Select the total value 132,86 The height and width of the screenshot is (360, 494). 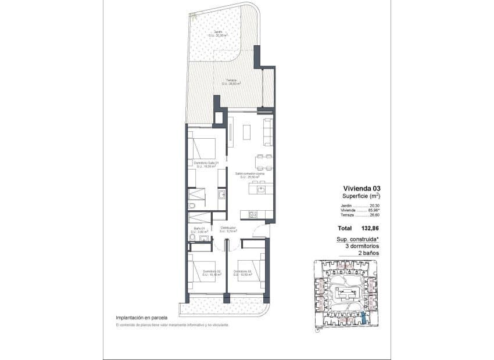378,228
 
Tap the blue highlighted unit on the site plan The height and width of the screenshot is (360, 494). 363,317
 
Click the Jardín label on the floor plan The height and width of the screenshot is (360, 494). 217,32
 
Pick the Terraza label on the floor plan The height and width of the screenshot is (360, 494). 231,81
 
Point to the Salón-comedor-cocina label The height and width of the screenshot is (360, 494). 250,173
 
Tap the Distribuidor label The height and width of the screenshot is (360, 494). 228,228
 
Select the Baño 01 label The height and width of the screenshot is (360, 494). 199,228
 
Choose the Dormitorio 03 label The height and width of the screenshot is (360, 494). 242,271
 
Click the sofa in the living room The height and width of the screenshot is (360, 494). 268,132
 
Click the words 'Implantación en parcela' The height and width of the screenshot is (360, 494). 141,318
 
